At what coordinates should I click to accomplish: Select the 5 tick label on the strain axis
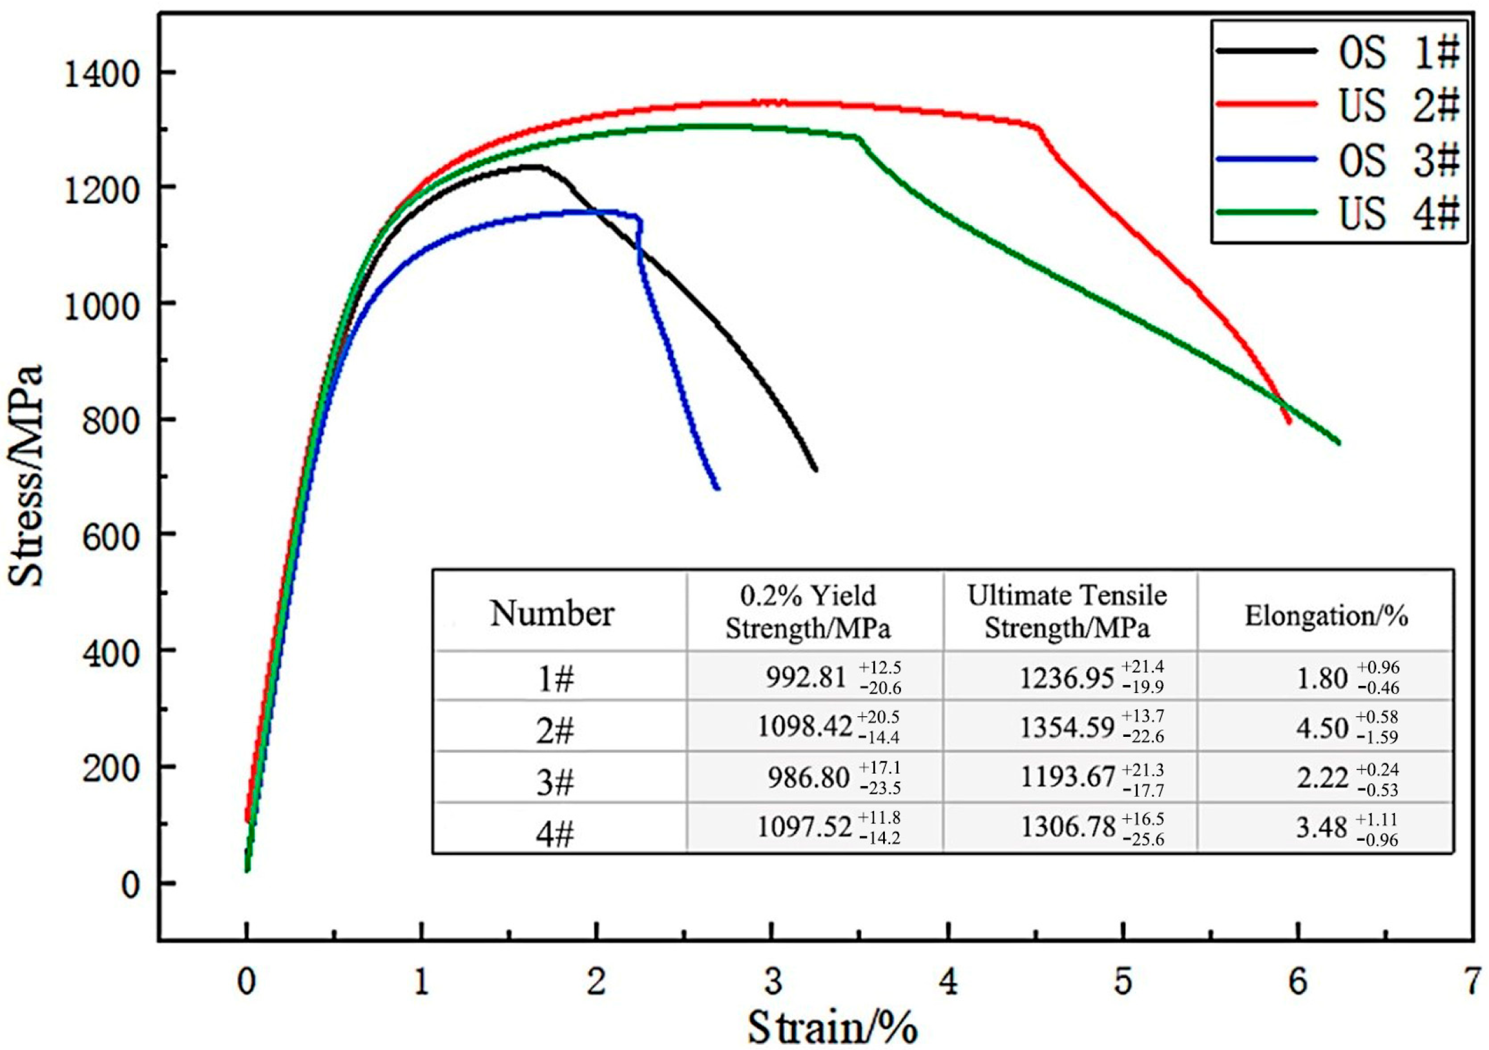[x=1123, y=982]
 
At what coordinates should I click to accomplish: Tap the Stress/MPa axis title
[x=26, y=476]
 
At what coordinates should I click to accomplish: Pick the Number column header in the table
[x=552, y=612]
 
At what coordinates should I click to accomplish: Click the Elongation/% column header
[x=1326, y=615]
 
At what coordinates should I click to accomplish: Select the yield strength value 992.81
[x=806, y=678]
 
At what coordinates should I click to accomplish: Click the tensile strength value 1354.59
[x=1067, y=727]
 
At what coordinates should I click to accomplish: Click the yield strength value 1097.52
[x=804, y=827]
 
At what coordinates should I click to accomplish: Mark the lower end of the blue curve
[x=716, y=488]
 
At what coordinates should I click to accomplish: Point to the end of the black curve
[x=815, y=469]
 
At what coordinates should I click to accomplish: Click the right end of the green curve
[x=1338, y=443]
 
